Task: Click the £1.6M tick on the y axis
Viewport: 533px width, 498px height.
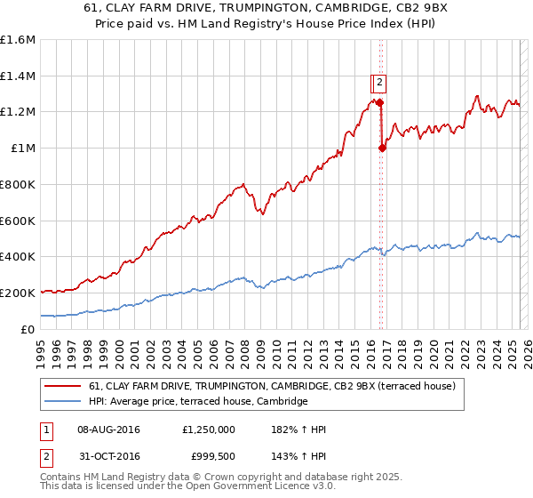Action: coord(18,40)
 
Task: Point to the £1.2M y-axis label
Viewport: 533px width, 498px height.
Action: coord(18,112)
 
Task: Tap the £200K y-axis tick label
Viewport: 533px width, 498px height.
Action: coord(18,293)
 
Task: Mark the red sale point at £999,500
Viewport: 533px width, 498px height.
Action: coord(383,149)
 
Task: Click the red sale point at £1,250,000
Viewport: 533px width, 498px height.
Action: coord(379,102)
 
